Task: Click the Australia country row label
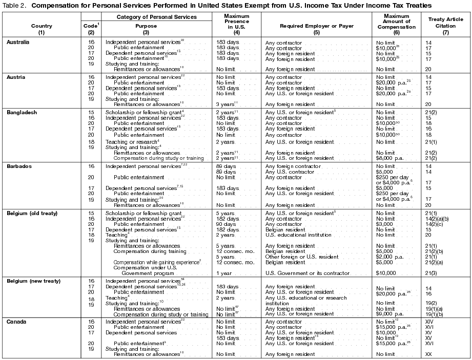click(x=18, y=42)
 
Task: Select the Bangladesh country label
click(x=21, y=112)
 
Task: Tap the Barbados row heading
click(x=18, y=166)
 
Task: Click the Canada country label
click(x=16, y=321)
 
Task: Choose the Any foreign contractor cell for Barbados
click(x=290, y=166)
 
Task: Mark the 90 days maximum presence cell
click(x=224, y=224)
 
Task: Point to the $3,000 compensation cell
click(x=384, y=224)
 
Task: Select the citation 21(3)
click(x=431, y=273)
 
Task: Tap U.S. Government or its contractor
click(x=306, y=273)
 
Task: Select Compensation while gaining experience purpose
click(x=157, y=262)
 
